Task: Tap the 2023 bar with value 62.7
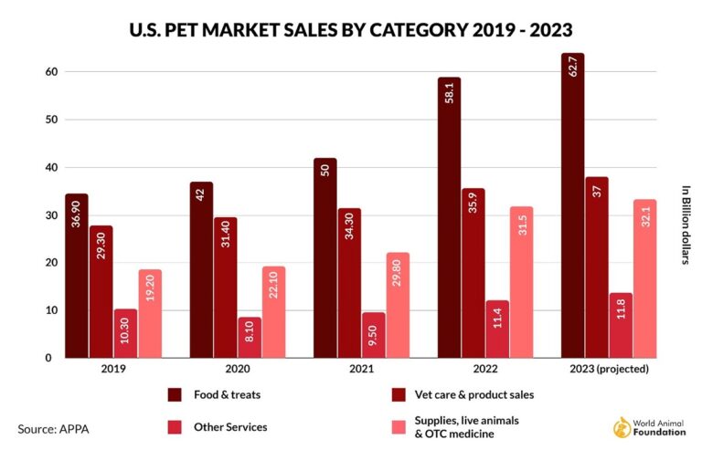pyautogui.click(x=572, y=205)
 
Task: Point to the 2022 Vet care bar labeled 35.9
pyautogui.click(x=473, y=273)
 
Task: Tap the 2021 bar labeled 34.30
pyautogui.click(x=349, y=283)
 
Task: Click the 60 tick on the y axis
pyautogui.click(x=51, y=72)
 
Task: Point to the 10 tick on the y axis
pyautogui.click(x=51, y=310)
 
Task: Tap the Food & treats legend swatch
pyautogui.click(x=174, y=394)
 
